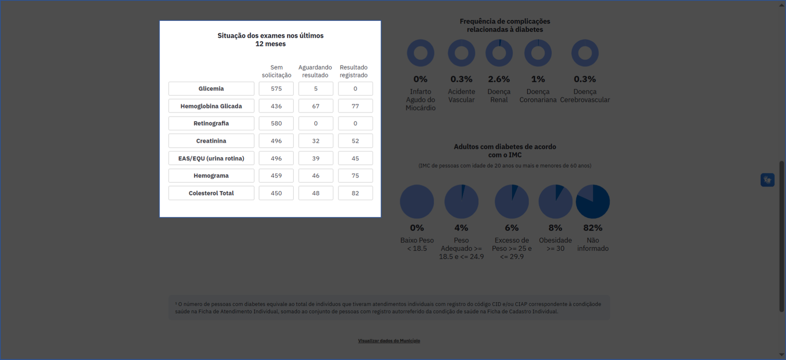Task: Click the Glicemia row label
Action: [x=211, y=89]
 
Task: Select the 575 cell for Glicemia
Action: [x=276, y=89]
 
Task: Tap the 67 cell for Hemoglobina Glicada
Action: [x=316, y=106]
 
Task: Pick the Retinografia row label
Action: [x=211, y=123]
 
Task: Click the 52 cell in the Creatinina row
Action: [x=355, y=141]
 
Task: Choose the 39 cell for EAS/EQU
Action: [x=316, y=158]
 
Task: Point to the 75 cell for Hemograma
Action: [x=355, y=176]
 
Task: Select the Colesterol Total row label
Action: [x=211, y=193]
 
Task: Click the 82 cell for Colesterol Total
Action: [x=355, y=193]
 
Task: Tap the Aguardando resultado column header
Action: [x=315, y=71]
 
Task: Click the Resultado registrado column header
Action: [x=353, y=71]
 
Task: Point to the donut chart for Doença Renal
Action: [x=499, y=53]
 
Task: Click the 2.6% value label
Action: [x=499, y=79]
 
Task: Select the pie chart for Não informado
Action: [x=593, y=202]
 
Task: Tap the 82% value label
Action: [x=593, y=228]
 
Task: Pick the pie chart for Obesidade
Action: [x=555, y=202]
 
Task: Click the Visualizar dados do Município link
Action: [x=389, y=341]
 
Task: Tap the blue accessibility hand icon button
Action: [x=767, y=180]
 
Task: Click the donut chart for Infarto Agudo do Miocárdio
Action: [x=420, y=53]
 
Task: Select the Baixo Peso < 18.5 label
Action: [x=417, y=244]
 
